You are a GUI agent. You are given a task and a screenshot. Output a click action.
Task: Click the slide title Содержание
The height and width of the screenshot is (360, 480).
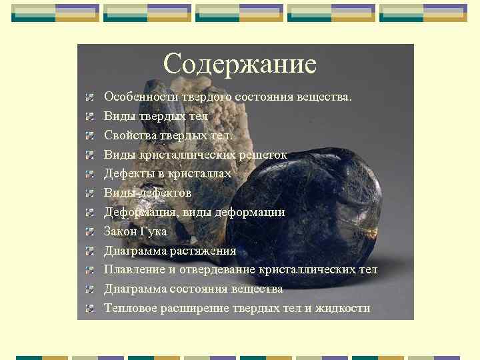tap(239, 64)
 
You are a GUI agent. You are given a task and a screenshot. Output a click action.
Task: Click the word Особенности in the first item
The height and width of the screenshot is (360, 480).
tap(137, 97)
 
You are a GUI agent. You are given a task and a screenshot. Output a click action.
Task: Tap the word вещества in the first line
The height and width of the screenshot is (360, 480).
tap(327, 97)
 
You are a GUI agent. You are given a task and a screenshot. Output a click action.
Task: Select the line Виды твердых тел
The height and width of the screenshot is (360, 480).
tap(156, 117)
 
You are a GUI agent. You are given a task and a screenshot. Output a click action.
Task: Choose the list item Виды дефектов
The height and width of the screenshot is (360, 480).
tap(147, 193)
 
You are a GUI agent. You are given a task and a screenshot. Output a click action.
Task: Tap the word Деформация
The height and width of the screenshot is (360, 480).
tap(137, 212)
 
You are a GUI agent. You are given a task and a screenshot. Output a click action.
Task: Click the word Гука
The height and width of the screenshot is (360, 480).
tap(154, 232)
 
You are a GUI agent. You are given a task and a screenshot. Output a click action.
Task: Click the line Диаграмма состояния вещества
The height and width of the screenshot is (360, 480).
tap(193, 289)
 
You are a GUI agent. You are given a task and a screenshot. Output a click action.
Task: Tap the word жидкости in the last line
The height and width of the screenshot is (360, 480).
tap(345, 308)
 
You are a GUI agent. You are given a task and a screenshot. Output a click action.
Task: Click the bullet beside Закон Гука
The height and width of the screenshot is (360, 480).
tap(89, 232)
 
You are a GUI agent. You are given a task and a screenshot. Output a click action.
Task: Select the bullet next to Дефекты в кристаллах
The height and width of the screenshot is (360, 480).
tap(89, 174)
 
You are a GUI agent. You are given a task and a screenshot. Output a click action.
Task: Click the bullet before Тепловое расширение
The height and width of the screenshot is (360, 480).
tap(89, 309)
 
